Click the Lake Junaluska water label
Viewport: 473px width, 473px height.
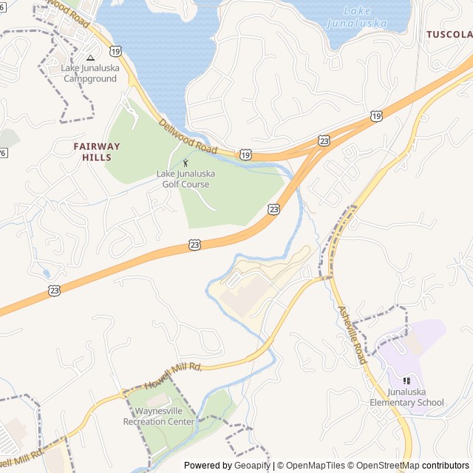[x=366, y=17]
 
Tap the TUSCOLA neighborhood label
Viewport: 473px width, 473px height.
[x=449, y=35]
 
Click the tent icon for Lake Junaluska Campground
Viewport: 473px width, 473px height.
[x=90, y=58]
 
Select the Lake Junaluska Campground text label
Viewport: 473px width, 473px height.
[x=89, y=73]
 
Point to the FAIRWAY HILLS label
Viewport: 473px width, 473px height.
[x=92, y=152]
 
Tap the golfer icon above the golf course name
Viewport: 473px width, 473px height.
[x=186, y=163]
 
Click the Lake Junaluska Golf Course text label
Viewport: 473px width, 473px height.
[x=186, y=179]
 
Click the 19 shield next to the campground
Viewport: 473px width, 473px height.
[x=115, y=50]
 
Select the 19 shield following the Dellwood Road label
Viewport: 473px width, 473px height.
[x=245, y=154]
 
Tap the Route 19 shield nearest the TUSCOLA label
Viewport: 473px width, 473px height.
[x=377, y=116]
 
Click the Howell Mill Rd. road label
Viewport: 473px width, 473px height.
[x=173, y=375]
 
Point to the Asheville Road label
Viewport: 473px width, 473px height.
[x=352, y=334]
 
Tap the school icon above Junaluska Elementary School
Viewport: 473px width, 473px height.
[x=406, y=381]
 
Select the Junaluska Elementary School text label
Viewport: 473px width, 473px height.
[x=406, y=398]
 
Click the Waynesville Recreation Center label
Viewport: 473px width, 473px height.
[x=159, y=417]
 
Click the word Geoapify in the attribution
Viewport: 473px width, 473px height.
[x=251, y=466]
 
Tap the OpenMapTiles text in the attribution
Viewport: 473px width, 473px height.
[x=315, y=466]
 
